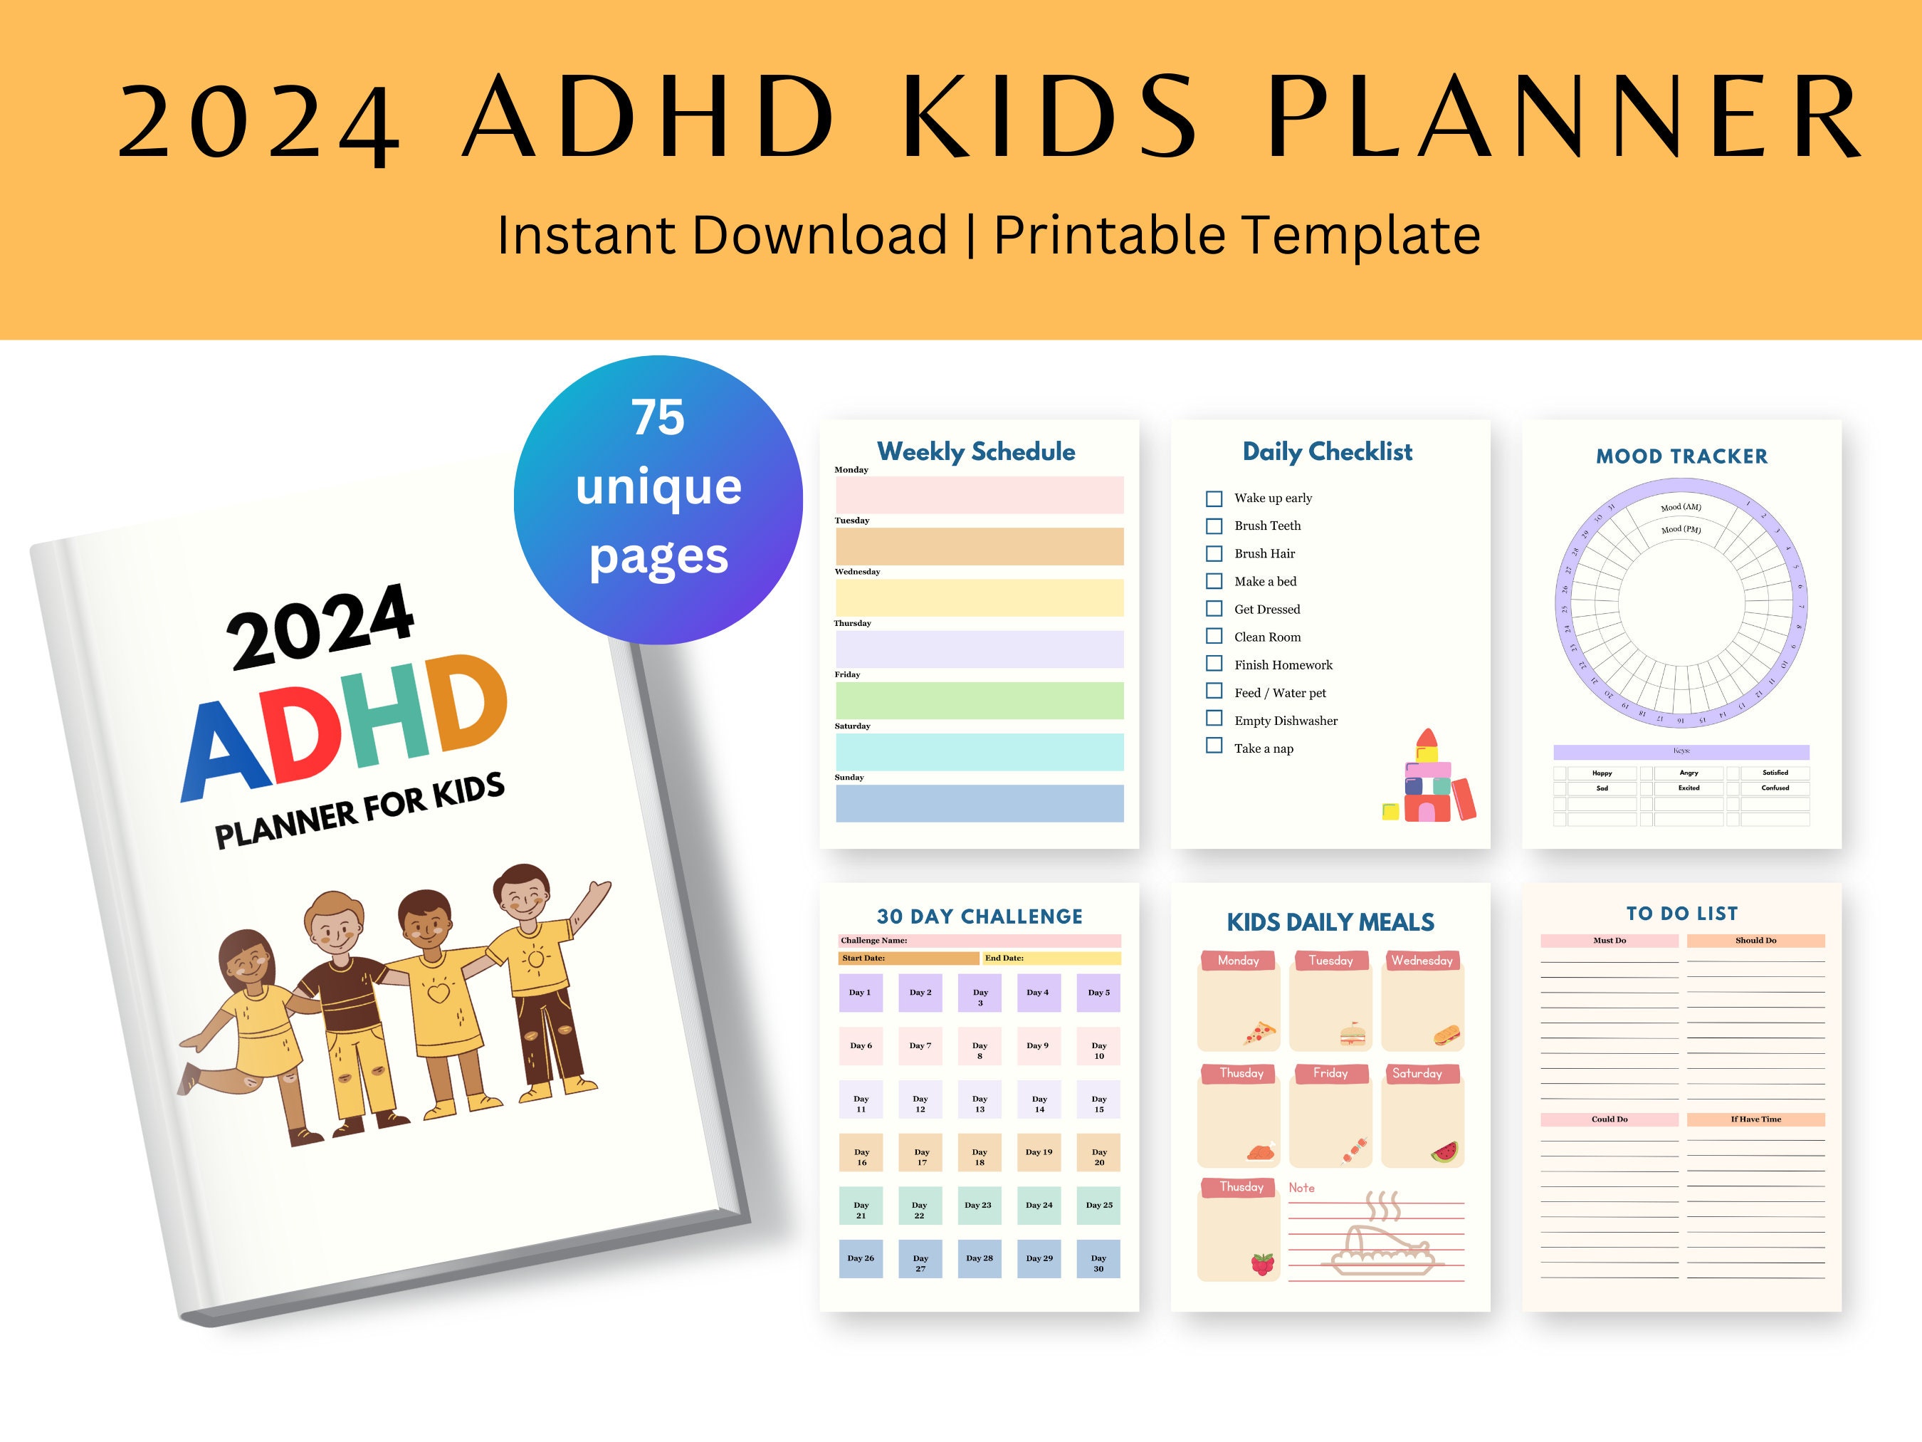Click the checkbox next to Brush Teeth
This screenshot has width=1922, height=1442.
[x=1214, y=526]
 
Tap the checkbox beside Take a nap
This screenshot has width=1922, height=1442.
[x=1214, y=746]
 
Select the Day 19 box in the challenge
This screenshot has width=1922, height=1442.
[x=1039, y=1153]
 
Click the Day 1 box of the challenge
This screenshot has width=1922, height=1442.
[x=860, y=993]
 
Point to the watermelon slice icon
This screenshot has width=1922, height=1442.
[x=1444, y=1153]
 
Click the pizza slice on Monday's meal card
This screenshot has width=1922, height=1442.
[x=1259, y=1033]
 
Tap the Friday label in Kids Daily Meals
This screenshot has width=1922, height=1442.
[x=1330, y=1073]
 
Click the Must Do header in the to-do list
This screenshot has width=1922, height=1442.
[x=1609, y=941]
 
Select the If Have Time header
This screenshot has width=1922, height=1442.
[x=1755, y=1119]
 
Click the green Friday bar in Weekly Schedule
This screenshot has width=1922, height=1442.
[x=980, y=701]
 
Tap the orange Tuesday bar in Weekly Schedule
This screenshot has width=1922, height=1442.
[x=980, y=547]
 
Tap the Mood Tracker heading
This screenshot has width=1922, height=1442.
[x=1681, y=456]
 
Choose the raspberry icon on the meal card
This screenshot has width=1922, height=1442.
[x=1263, y=1264]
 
